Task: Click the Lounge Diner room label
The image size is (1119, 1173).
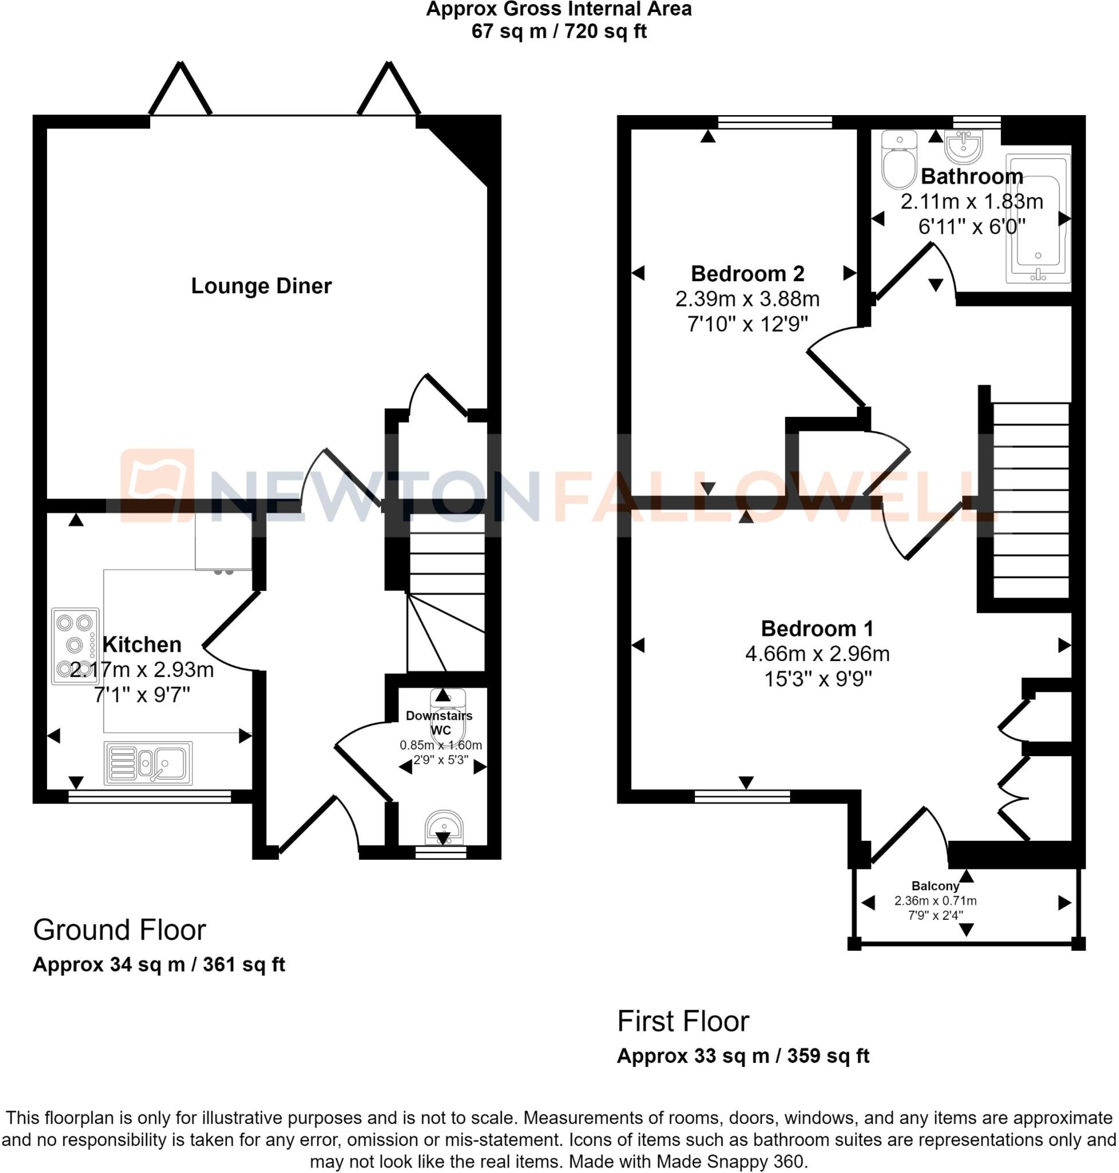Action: (x=261, y=286)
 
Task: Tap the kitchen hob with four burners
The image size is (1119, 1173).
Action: (x=75, y=645)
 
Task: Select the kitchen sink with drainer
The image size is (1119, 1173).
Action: (x=148, y=763)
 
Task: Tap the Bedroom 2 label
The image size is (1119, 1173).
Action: (x=747, y=274)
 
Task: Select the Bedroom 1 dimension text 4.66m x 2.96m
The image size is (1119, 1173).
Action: (x=817, y=654)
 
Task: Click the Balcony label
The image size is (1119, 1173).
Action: (x=935, y=886)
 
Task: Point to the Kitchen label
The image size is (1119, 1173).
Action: (x=142, y=645)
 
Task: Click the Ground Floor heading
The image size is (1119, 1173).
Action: (x=119, y=930)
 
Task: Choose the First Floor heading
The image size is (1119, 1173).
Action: (x=683, y=1021)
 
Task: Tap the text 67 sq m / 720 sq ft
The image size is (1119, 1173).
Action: (x=559, y=31)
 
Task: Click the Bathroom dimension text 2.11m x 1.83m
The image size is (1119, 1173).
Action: (x=972, y=202)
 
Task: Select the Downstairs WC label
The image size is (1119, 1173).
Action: (x=439, y=723)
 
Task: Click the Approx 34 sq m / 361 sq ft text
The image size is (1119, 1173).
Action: (x=159, y=965)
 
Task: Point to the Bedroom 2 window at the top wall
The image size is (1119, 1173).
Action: (x=775, y=122)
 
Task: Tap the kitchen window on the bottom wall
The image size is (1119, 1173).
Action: (x=150, y=796)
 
